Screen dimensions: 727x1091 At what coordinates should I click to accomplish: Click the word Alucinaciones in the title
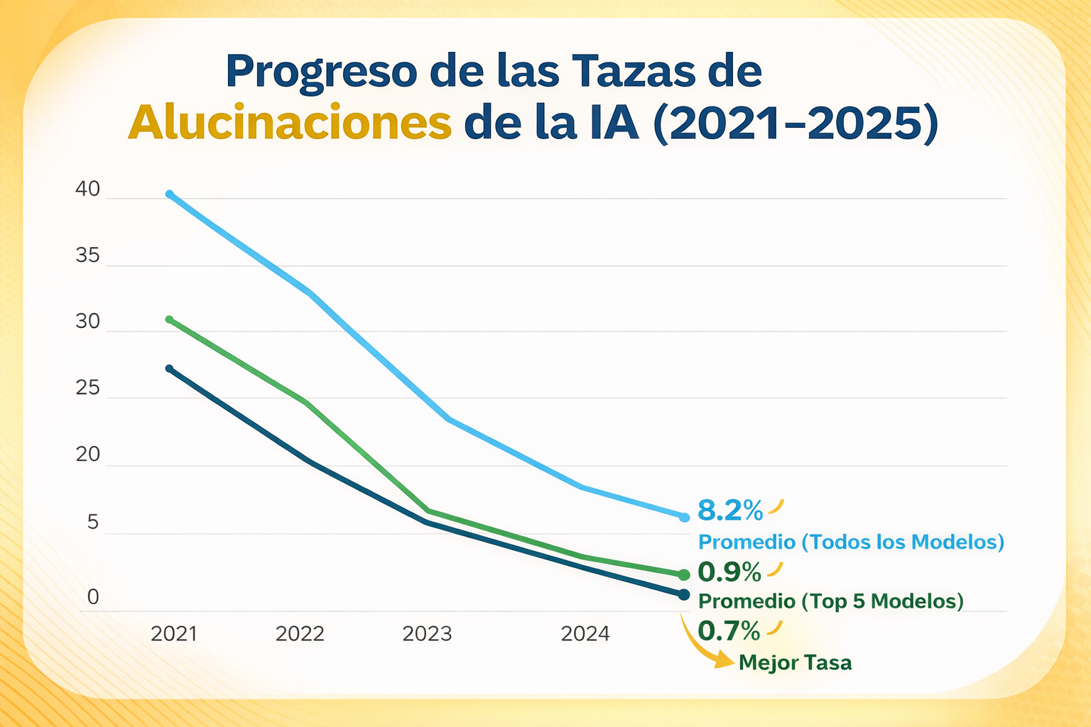click(290, 123)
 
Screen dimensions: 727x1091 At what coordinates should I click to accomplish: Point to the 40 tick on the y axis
click(88, 190)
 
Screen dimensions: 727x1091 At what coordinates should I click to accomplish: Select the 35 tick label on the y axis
click(88, 256)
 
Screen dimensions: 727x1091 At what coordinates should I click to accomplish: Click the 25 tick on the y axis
click(88, 388)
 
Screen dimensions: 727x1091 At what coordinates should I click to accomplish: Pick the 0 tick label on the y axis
click(93, 598)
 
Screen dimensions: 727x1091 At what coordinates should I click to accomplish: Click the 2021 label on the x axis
click(174, 633)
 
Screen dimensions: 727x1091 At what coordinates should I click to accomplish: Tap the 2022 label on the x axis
click(300, 633)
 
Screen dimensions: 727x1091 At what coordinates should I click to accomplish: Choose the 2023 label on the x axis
click(427, 633)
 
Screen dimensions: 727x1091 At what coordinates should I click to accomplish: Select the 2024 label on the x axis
click(585, 633)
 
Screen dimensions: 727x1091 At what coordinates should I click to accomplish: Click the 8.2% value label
click(730, 510)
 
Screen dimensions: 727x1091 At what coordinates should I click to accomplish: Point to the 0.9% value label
click(729, 571)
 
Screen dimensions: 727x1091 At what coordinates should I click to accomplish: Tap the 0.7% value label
click(729, 630)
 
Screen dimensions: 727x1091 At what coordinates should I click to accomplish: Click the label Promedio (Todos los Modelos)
click(851, 542)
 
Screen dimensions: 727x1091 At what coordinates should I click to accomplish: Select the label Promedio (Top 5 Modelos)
click(831, 601)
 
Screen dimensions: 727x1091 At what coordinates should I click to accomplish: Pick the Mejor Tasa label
click(795, 663)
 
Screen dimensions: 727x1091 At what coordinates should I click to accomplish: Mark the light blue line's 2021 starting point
click(169, 194)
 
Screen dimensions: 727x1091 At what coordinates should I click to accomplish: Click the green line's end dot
click(684, 574)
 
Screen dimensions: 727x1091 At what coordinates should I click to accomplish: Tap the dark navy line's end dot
click(684, 594)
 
